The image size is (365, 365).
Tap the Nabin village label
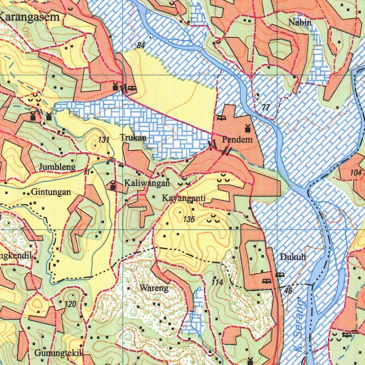pos(300,22)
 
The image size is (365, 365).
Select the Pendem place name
pos(237,139)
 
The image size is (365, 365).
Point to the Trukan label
pos(133,137)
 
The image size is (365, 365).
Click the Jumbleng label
pos(57,167)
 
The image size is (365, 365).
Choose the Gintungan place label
pos(51,192)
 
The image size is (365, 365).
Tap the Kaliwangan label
pos(146,183)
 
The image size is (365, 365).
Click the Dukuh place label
pos(293,257)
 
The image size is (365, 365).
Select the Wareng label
pos(154,288)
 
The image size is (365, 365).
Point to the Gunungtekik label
pos(59,353)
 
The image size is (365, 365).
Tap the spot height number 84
pos(141,45)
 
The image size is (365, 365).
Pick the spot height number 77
pos(266,107)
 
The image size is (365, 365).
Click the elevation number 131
pos(104,140)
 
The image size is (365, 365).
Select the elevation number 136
pos(189,219)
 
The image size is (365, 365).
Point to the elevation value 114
pos(217,282)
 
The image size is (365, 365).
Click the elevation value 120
pos(71,304)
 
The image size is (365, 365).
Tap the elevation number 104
pos(356,172)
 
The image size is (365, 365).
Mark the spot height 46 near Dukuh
pos(288,291)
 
